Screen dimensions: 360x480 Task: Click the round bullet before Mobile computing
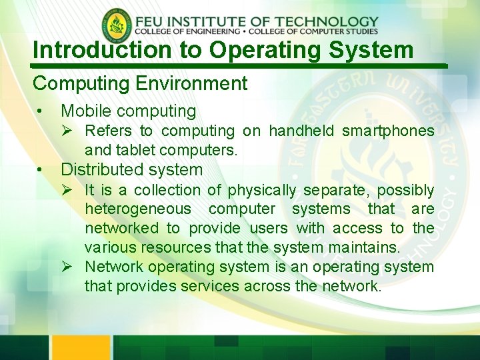pyautogui.click(x=41, y=111)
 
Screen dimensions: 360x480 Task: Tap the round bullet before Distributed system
pyautogui.click(x=41, y=170)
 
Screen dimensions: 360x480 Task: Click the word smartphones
pyautogui.click(x=388, y=131)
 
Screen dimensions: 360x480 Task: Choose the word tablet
pyautogui.click(x=136, y=151)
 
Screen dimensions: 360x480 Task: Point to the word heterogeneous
pyautogui.click(x=137, y=209)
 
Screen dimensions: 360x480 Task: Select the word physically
pyautogui.click(x=261, y=191)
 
